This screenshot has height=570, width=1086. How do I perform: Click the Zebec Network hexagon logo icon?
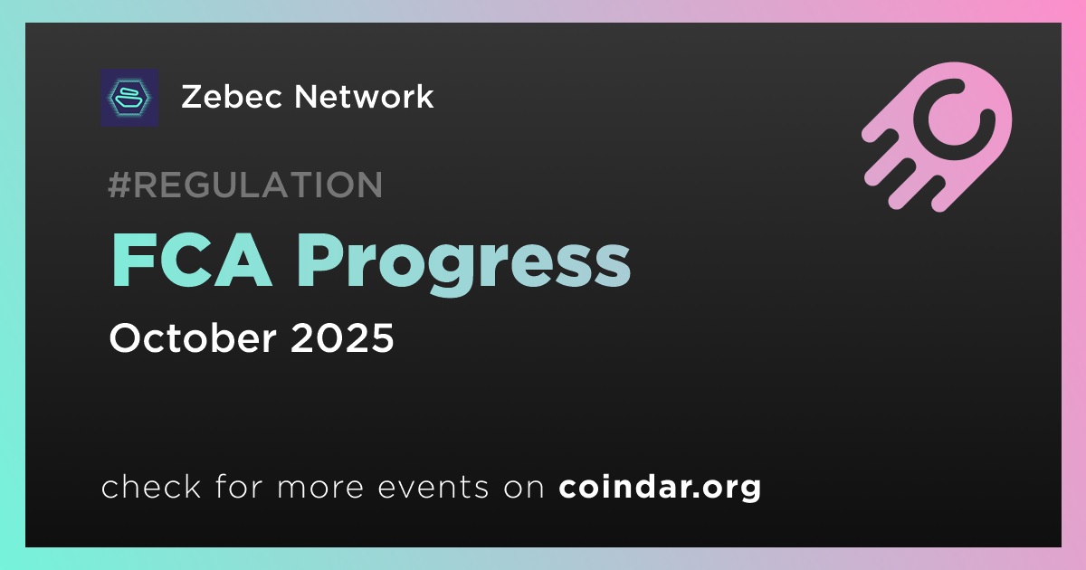pyautogui.click(x=129, y=98)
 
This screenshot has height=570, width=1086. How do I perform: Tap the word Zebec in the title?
pyautogui.click(x=233, y=97)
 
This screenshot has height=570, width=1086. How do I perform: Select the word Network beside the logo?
pyautogui.click(x=364, y=97)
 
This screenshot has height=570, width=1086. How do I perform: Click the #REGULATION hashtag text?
pyautogui.click(x=245, y=185)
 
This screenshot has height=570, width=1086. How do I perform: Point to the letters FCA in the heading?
pyautogui.click(x=191, y=261)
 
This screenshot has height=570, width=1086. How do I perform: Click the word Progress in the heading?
pyautogui.click(x=463, y=265)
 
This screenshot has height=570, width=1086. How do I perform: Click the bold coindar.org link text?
pyautogui.click(x=660, y=487)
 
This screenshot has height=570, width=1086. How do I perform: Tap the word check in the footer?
pyautogui.click(x=151, y=487)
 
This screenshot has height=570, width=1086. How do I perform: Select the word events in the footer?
pyautogui.click(x=433, y=488)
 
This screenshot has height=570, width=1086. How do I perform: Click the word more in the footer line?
pyautogui.click(x=320, y=488)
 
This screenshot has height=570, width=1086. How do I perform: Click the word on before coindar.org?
pyautogui.click(x=524, y=488)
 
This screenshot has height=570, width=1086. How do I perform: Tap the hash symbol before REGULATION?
pyautogui.click(x=119, y=185)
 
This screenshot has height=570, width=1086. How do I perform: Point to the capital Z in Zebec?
pyautogui.click(x=193, y=97)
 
